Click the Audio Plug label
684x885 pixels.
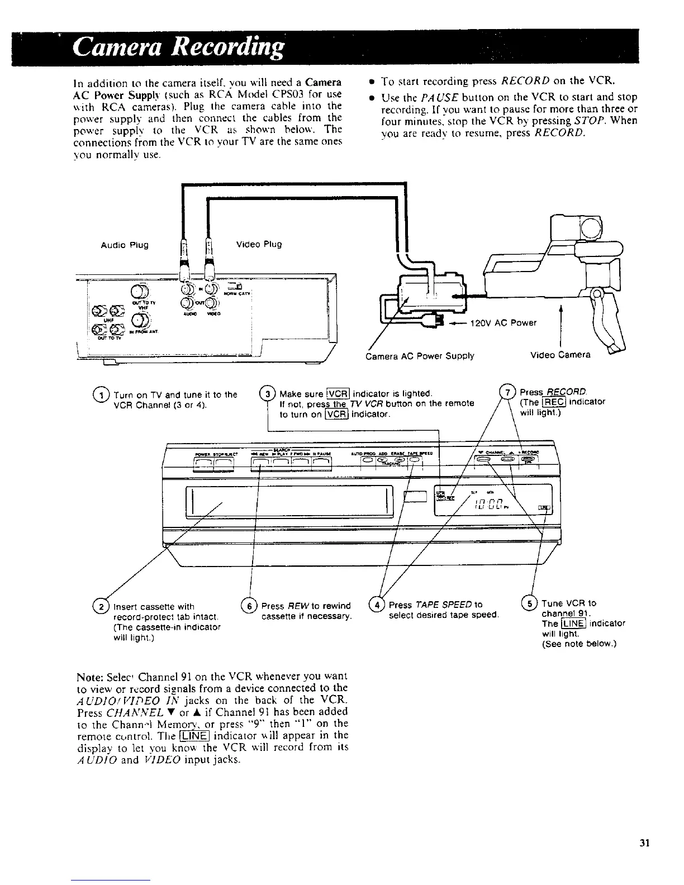click(124, 245)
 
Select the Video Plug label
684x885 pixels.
click(259, 244)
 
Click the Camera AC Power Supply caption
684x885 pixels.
click(419, 355)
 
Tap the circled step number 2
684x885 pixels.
click(102, 605)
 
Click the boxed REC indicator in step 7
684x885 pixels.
click(555, 401)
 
